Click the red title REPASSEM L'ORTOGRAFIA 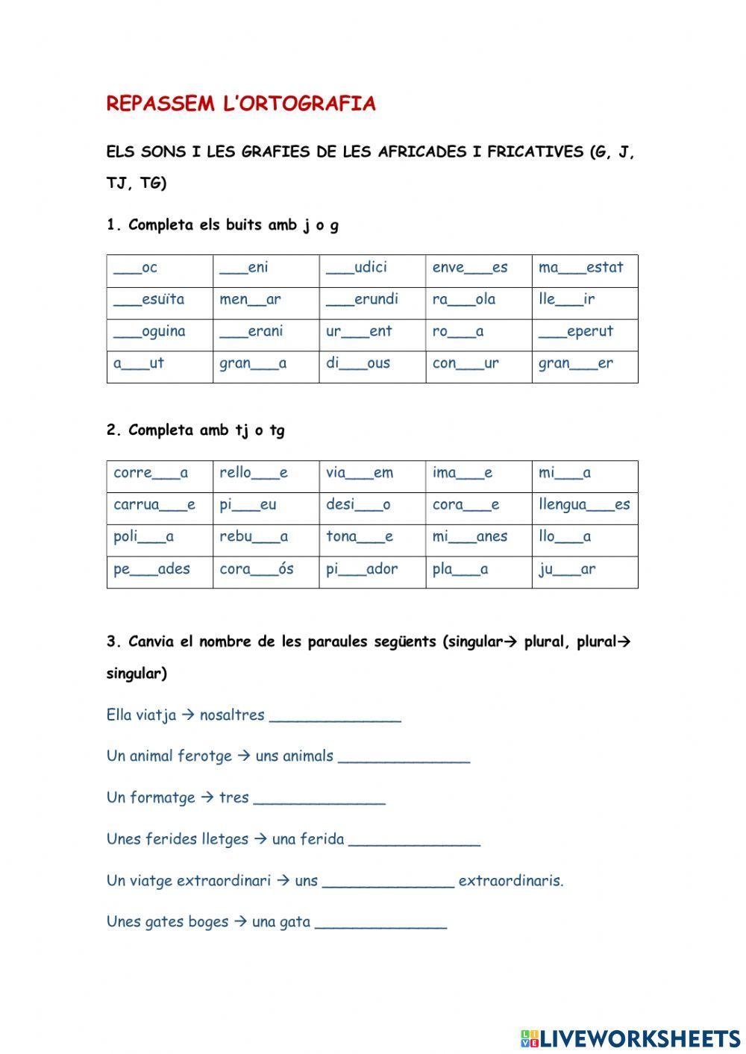tap(241, 104)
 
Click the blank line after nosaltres tap(335, 718)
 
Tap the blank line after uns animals tap(404, 759)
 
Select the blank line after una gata tap(380, 924)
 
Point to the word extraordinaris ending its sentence tap(511, 881)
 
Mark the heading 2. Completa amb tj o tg tap(195, 430)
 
